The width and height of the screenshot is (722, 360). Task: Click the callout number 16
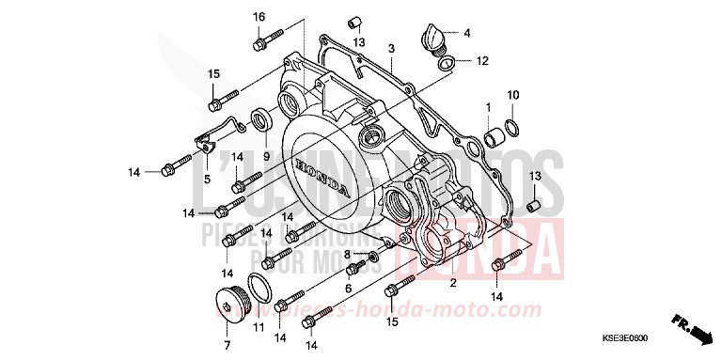click(x=259, y=18)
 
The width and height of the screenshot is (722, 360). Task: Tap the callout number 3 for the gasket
click(x=390, y=48)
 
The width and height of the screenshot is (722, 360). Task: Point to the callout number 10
click(x=512, y=95)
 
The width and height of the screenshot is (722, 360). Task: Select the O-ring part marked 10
click(x=512, y=126)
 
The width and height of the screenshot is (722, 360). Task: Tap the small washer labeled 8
click(x=373, y=256)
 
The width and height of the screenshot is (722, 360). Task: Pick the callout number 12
click(x=482, y=62)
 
